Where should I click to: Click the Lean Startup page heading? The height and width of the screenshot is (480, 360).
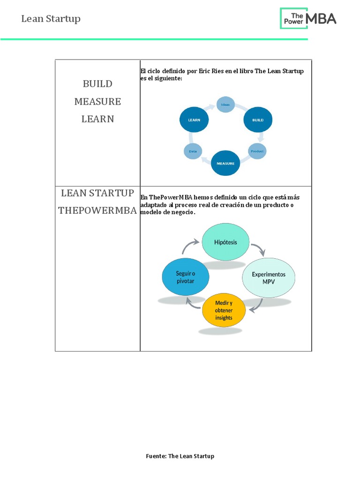click(51, 19)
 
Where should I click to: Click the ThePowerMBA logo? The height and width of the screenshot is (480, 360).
click(308, 18)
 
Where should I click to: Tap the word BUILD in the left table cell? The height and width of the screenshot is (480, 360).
click(97, 84)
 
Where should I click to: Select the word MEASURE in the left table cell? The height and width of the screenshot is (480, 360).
click(97, 101)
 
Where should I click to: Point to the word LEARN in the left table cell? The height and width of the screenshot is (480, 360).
click(97, 119)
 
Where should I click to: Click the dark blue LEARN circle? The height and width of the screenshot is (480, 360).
click(194, 120)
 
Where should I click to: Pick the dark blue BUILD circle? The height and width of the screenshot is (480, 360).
click(258, 120)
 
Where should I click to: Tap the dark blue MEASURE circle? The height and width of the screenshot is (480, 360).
click(225, 163)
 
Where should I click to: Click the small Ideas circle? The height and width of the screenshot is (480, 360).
click(225, 105)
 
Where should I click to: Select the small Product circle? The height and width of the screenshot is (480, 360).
click(257, 151)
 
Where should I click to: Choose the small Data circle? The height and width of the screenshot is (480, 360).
click(193, 151)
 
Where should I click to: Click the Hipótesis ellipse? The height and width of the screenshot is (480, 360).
click(225, 242)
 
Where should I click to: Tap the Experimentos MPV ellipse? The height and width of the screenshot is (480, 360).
click(269, 277)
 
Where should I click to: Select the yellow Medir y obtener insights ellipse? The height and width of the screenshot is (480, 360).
click(224, 310)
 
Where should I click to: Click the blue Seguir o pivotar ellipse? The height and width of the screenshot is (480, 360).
click(185, 277)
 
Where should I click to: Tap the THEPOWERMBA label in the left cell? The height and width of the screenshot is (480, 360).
click(97, 210)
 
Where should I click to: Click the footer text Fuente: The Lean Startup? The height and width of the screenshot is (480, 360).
click(180, 456)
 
